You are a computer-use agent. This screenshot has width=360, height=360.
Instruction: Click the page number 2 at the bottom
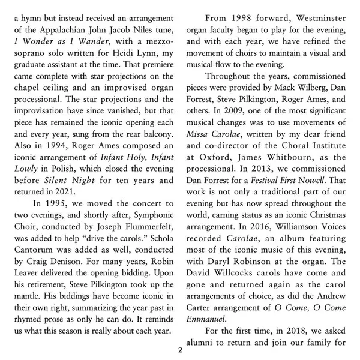(x=180, y=349)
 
